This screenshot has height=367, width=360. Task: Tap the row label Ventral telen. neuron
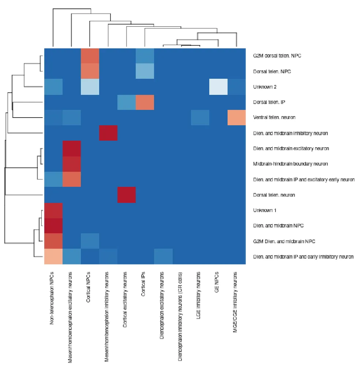274,118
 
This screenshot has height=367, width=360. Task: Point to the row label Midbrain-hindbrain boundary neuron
290,164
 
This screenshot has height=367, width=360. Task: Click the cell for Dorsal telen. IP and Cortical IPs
145,102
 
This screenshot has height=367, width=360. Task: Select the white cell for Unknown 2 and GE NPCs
218,86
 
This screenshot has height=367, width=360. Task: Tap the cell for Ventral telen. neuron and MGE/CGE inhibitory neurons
236,117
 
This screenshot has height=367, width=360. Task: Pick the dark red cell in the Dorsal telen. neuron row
126,194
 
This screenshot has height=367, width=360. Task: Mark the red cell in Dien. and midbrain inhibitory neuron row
108,133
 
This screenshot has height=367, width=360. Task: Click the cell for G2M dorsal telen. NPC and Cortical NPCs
90,56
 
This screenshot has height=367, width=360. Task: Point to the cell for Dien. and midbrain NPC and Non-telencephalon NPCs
53,226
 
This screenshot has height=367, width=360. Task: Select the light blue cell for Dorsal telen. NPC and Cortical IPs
145,71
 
